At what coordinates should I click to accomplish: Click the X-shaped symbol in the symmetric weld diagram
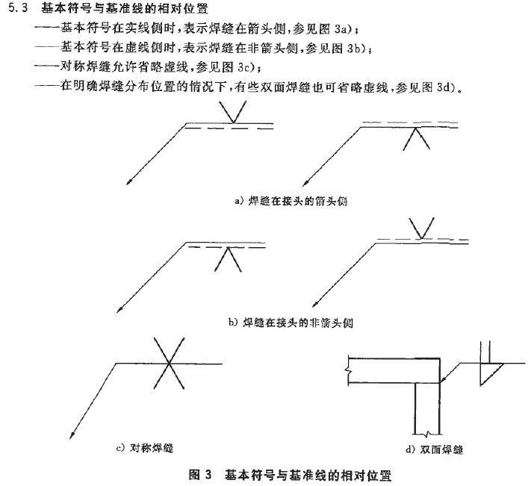170,363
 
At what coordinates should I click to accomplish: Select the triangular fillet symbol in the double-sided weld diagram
490,373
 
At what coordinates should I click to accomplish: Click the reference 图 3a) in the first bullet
344,29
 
